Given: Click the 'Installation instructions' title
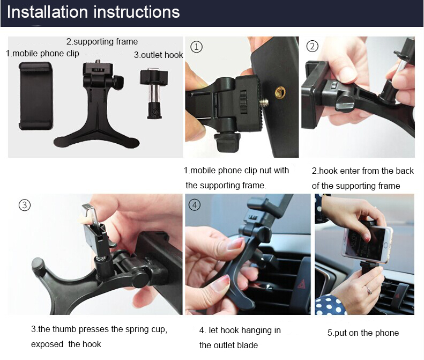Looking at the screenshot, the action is pos(93,12).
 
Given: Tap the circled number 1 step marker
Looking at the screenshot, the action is pos(197,47).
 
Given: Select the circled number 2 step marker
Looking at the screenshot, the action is pos(313,46).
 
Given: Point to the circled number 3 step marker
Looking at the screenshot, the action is pos(25,205).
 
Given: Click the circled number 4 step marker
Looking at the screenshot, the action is pos(195,205).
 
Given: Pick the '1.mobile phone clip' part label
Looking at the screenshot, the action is pos(42,53).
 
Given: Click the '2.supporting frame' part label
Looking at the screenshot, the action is pos(102,41).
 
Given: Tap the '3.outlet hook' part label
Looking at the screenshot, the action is pos(159,55).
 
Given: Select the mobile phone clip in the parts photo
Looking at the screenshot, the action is pos(35,96).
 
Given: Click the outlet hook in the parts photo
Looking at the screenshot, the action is pos(154,94).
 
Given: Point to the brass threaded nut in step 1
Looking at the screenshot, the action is pos(280,93).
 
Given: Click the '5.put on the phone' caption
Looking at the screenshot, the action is pos(363,333).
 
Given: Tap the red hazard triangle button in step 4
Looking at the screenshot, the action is pos(301,284).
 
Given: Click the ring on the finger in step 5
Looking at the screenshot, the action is pos(369,290).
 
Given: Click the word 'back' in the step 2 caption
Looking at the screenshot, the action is pos(405,171).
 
